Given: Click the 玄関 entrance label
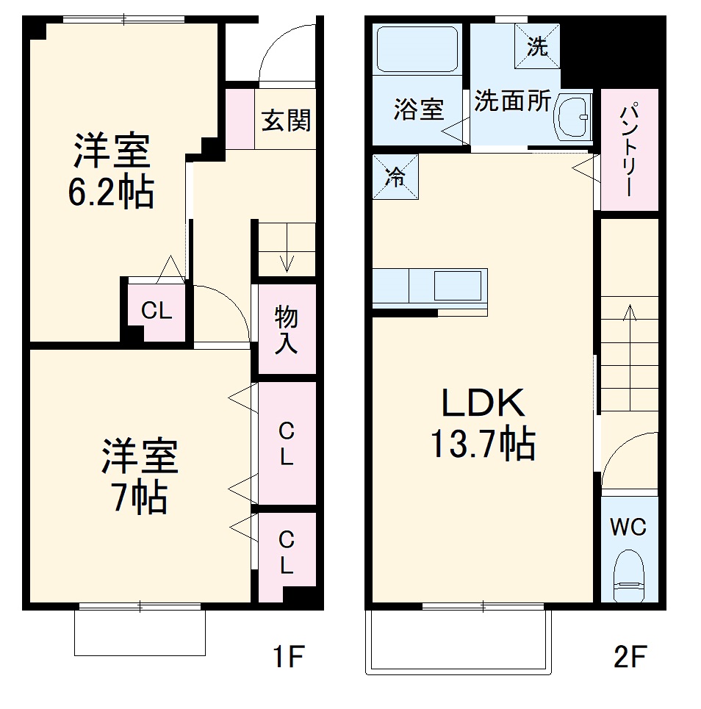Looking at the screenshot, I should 286,120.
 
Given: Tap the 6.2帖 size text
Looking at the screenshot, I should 111,192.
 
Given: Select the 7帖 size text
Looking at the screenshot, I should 139,499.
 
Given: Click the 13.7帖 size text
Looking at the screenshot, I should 482,444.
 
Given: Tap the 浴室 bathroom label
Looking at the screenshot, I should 418,110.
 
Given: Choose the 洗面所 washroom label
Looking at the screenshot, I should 511,101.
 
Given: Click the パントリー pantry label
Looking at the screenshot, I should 629,151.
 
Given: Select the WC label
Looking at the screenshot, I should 628,527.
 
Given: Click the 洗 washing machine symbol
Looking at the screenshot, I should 537,48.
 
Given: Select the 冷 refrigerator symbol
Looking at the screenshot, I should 395,177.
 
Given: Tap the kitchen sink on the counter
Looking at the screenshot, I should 457,285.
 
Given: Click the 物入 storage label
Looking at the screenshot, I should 286,330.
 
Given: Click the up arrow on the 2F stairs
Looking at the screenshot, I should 629,316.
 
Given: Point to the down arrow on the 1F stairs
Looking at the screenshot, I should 285,259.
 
